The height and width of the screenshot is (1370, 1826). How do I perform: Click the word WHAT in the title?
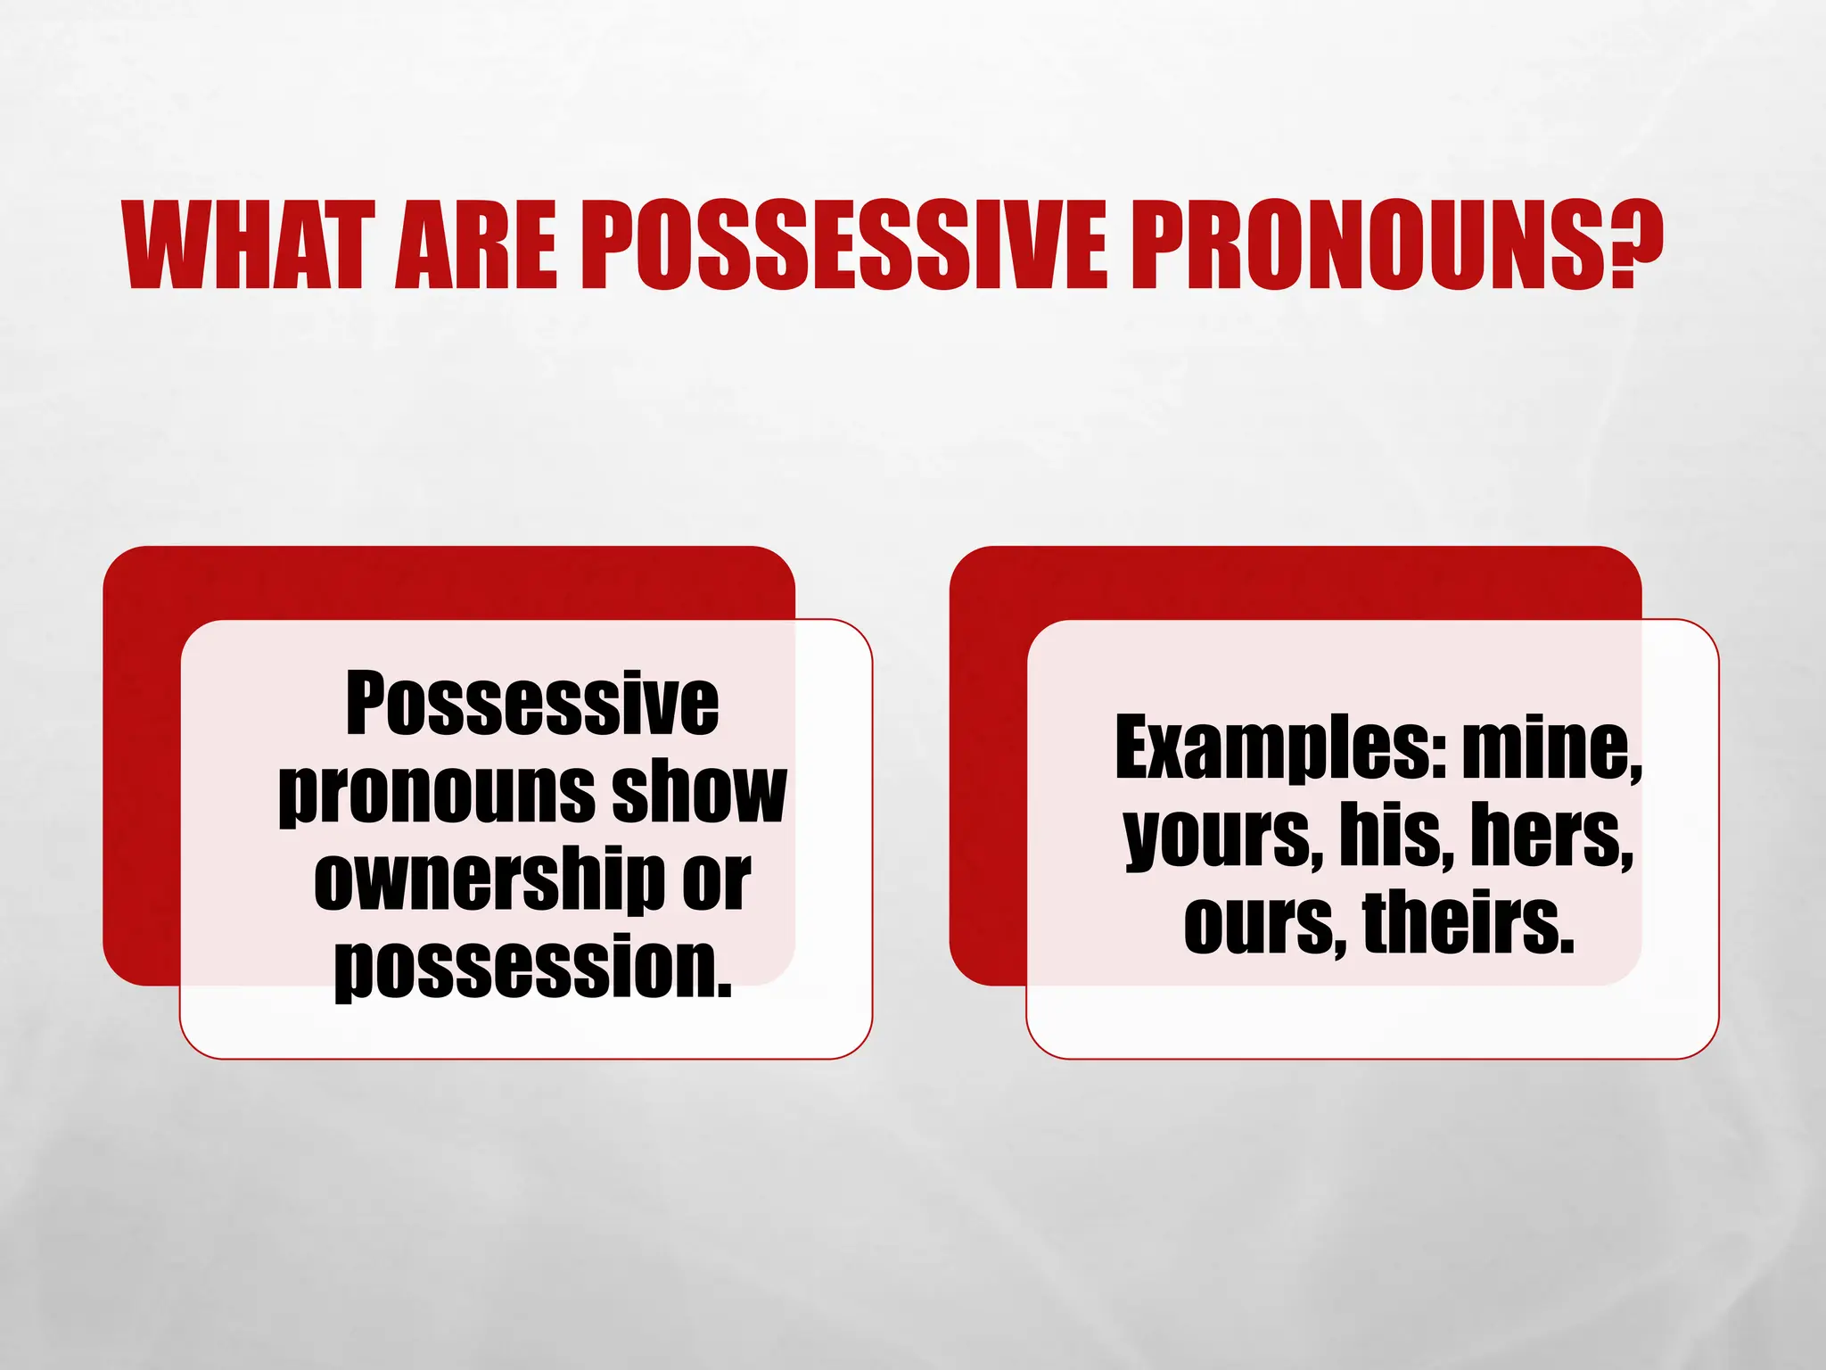(243, 244)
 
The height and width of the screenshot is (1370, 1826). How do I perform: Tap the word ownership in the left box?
(489, 880)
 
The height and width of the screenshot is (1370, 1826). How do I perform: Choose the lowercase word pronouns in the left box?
(436, 794)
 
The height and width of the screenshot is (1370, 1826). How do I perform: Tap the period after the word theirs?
(1567, 945)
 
